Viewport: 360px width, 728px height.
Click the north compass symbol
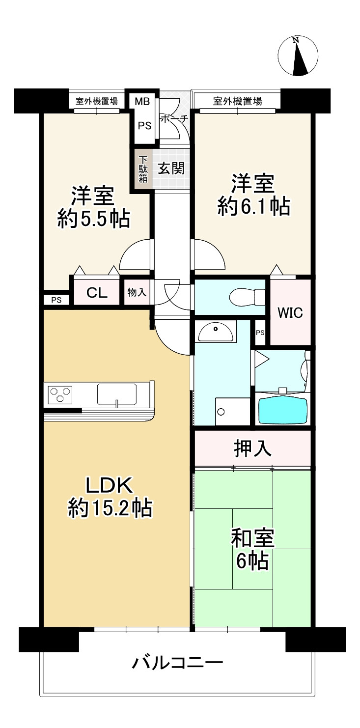[296, 56]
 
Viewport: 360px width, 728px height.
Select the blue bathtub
[283, 410]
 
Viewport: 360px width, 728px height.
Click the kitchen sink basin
[117, 393]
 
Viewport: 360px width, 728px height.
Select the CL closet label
[97, 293]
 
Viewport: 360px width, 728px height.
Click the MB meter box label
[142, 102]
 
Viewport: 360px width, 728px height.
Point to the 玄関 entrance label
[171, 168]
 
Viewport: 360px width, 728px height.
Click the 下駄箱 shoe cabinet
[143, 169]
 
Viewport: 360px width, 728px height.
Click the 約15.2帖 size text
[110, 508]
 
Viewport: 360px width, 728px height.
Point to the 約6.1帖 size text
[253, 207]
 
